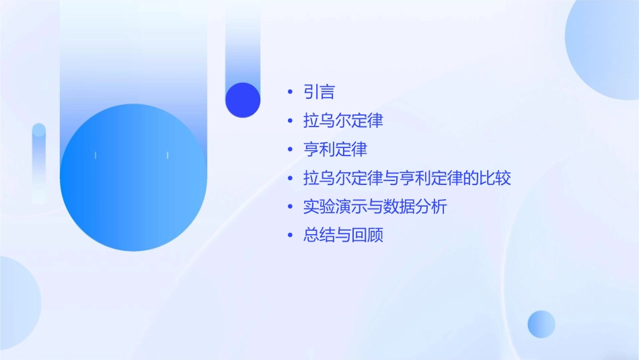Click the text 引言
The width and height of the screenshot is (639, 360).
coord(319,92)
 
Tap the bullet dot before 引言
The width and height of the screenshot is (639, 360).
coord(290,92)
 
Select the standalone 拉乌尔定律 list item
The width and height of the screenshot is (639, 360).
coord(343,121)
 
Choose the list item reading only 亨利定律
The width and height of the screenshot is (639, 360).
coord(335,149)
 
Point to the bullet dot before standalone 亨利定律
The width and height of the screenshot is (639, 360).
coord(290,149)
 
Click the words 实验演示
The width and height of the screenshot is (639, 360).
coord(335,207)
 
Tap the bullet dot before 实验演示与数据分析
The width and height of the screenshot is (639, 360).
coord(290,207)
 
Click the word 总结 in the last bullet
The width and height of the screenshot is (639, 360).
coord(319,236)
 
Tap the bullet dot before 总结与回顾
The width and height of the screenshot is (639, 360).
coord(290,236)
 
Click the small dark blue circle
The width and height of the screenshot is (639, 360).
coord(243,100)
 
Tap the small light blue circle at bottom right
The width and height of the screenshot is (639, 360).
coord(541,324)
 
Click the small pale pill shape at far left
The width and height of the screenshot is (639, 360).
coord(39,161)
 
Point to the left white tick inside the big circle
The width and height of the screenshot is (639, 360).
coord(96,155)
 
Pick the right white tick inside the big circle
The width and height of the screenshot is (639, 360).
coord(167,155)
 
